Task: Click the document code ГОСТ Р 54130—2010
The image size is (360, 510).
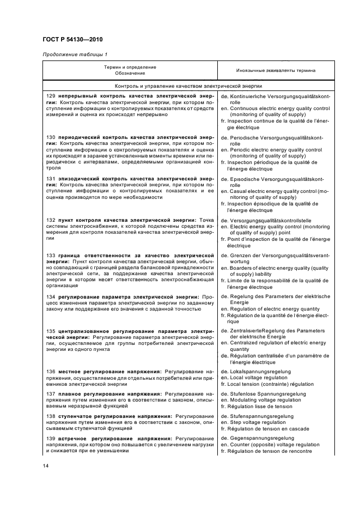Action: (72, 39)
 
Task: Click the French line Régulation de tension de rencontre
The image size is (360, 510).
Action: (270, 451)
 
